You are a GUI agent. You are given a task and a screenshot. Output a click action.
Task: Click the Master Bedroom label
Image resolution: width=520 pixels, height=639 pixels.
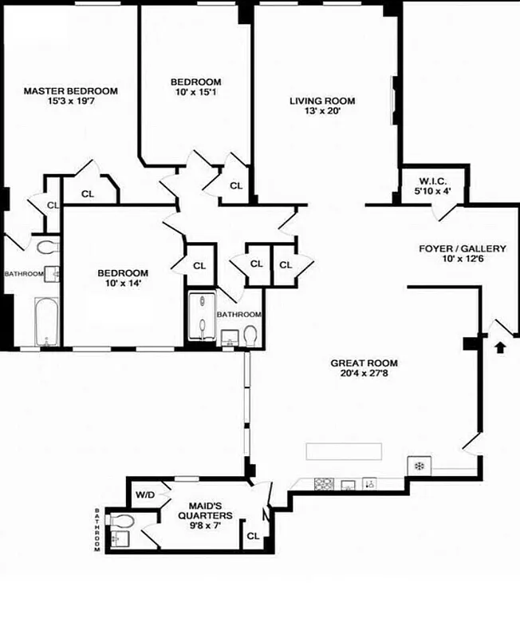coord(70,91)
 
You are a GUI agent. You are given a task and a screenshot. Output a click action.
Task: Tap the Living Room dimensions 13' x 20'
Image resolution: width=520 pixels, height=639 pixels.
coord(321,113)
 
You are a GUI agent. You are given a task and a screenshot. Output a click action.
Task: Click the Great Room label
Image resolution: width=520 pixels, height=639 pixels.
coord(364,363)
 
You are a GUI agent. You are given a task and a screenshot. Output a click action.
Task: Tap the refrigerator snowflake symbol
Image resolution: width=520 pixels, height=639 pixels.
coord(418,465)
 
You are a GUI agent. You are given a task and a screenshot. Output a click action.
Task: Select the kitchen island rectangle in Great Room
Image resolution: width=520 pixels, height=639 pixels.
coord(345,450)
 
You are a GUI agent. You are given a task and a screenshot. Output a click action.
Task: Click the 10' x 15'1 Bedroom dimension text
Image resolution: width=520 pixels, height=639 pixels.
coord(196,93)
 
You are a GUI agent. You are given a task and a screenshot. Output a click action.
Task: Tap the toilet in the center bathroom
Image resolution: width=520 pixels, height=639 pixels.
coord(250,334)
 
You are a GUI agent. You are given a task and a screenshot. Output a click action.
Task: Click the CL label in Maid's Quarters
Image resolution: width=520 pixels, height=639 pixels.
coord(253,536)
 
